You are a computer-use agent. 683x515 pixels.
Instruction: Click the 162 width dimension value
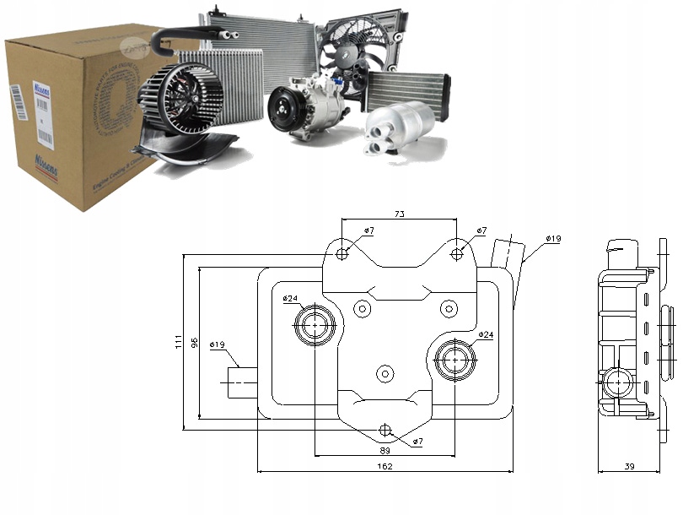click(385, 466)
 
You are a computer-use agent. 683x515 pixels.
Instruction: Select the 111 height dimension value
click(179, 341)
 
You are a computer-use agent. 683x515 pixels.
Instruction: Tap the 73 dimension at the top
click(399, 214)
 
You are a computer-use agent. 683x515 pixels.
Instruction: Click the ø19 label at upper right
click(553, 239)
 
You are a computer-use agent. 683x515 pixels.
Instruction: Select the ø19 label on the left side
click(217, 344)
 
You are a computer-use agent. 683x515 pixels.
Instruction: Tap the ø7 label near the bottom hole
click(418, 442)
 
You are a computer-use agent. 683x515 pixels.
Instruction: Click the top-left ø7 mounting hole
click(342, 254)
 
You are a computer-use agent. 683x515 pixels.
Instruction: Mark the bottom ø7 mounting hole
click(386, 430)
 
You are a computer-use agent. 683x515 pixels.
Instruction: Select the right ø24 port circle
click(456, 360)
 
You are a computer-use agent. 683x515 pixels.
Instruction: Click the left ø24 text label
click(290, 298)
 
